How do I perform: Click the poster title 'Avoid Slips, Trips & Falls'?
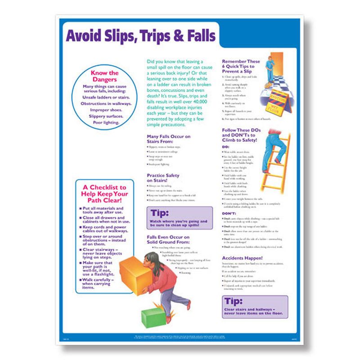click(141, 35)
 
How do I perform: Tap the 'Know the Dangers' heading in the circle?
click(104, 75)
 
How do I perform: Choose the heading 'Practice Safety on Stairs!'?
click(163, 178)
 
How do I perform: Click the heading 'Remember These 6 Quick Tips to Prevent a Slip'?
click(241, 66)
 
